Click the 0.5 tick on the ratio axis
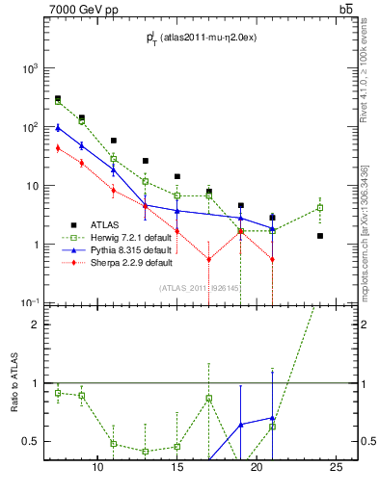(x=31, y=442)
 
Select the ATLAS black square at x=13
(x=146, y=161)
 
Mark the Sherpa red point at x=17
(x=209, y=259)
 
